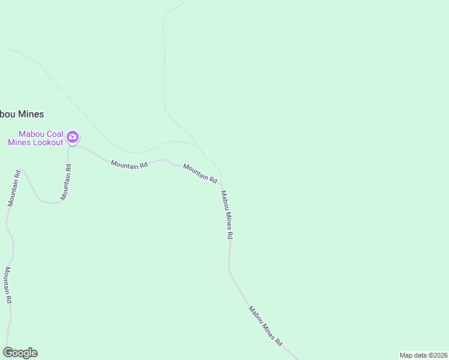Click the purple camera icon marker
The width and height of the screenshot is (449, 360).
click(x=73, y=137)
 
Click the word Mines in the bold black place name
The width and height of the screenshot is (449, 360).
click(x=31, y=114)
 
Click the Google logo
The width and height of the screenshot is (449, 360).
click(x=20, y=353)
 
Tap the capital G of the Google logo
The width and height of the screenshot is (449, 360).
click(x=8, y=353)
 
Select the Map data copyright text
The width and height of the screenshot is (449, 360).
click(x=423, y=355)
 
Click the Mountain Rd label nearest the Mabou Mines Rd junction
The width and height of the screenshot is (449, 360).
click(x=200, y=173)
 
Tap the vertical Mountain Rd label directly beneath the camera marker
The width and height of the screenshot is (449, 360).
click(x=66, y=182)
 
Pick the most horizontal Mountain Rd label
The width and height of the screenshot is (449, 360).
click(x=129, y=164)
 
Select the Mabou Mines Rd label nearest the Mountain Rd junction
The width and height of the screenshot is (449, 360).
click(x=226, y=215)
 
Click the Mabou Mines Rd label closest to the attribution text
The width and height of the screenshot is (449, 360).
click(x=265, y=326)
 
